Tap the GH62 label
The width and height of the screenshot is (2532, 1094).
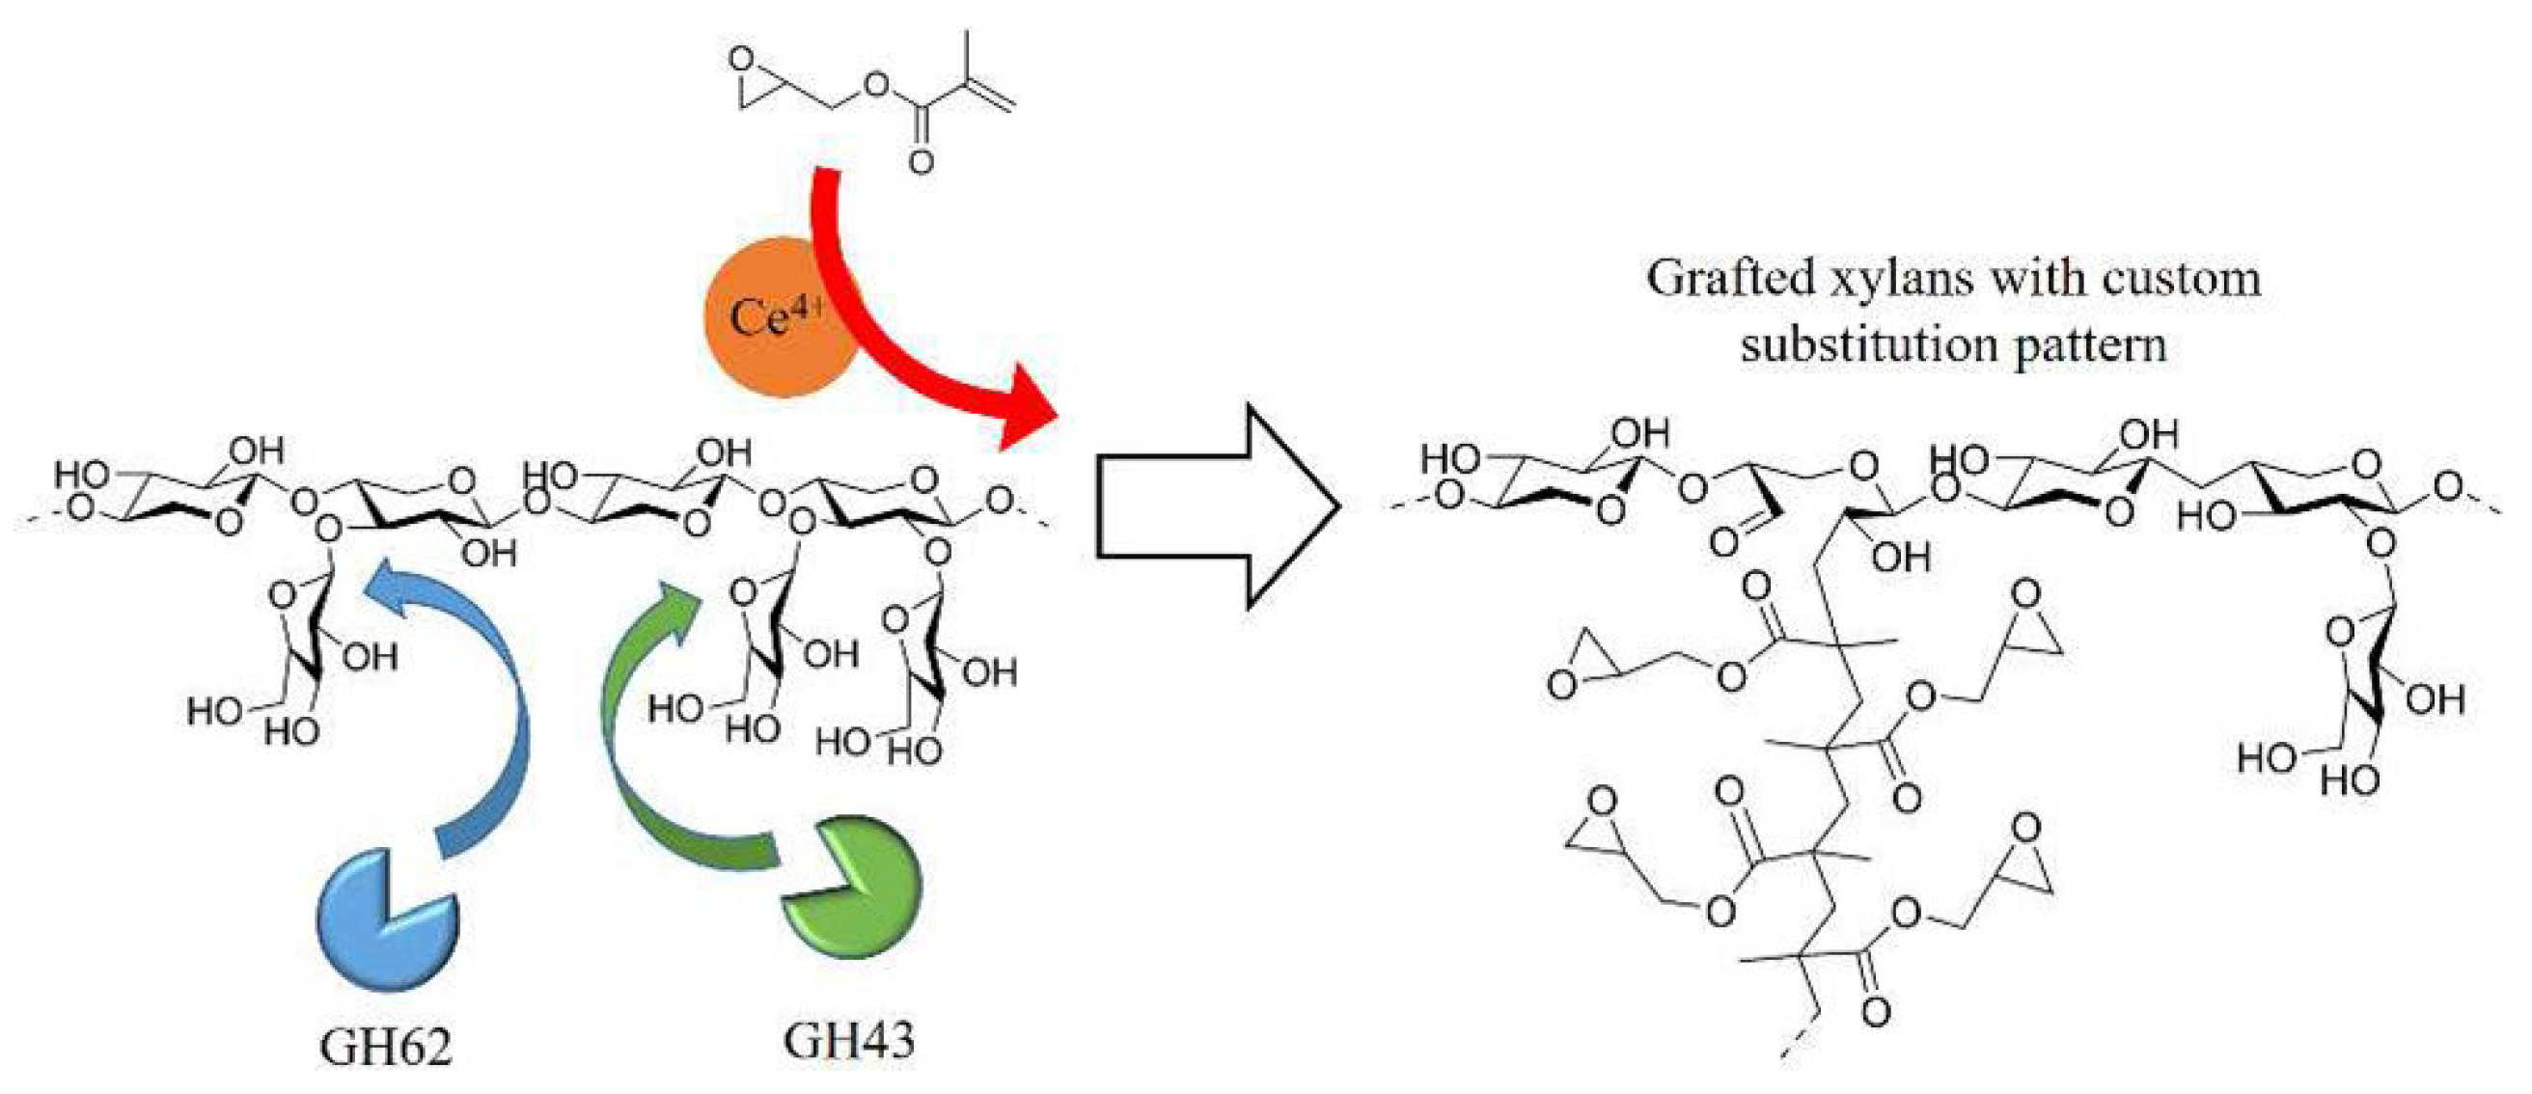tap(385, 1048)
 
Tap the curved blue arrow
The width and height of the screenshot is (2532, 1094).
tap(491, 708)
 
